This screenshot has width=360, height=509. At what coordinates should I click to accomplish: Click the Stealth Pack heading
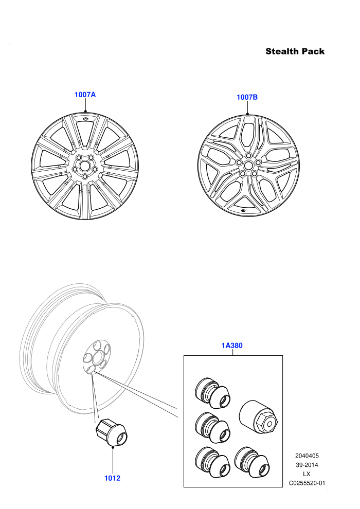[x=295, y=51]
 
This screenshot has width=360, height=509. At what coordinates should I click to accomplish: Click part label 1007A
[x=85, y=95]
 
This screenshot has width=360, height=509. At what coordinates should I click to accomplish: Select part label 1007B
[x=247, y=97]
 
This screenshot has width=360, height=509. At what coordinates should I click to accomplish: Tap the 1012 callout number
[x=112, y=478]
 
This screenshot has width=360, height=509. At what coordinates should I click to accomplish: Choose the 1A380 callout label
[x=232, y=346]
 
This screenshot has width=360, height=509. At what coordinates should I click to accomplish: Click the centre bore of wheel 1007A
[x=85, y=165]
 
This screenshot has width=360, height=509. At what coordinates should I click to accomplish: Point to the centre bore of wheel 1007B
[x=248, y=165]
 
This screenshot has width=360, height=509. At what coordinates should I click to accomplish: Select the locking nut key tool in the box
[x=258, y=416]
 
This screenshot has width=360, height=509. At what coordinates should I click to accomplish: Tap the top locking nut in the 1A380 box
[x=212, y=393]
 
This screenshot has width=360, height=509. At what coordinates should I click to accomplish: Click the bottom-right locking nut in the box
[x=251, y=462]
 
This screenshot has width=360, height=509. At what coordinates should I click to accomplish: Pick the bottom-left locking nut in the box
[x=212, y=462]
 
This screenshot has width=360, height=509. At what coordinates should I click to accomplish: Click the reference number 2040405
[x=307, y=456]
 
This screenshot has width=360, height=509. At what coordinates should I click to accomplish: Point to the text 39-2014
[x=307, y=465]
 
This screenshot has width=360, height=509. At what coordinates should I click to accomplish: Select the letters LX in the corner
[x=307, y=474]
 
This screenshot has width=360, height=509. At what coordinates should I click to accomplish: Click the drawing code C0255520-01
[x=307, y=483]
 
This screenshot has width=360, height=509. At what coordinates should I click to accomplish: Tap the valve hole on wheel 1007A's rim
[x=85, y=119]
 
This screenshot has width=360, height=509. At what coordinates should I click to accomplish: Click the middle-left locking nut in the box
[x=212, y=428]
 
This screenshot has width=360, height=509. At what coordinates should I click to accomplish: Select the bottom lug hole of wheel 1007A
[x=85, y=176]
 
